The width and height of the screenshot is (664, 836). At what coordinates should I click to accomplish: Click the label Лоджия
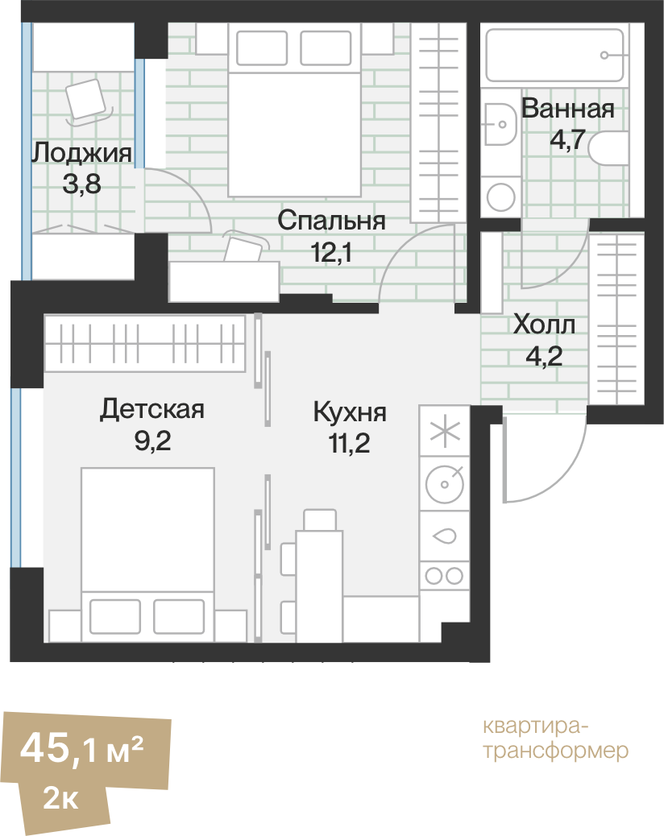81,152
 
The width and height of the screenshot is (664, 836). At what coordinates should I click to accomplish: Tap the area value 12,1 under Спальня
331,254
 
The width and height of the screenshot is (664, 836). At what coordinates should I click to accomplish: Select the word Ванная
567,109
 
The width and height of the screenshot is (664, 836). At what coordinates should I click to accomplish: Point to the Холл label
544,325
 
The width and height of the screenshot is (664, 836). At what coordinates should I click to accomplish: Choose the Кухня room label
350,412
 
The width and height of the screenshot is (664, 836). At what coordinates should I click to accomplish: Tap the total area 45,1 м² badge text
82,748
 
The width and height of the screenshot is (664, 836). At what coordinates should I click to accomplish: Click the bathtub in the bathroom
553,53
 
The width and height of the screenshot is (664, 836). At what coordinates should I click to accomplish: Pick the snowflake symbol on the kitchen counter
443,432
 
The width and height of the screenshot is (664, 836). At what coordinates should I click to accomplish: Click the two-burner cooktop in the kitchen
443,575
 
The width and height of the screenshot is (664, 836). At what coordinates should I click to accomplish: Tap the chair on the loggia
87,100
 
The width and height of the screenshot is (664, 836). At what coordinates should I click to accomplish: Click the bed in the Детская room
148,548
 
